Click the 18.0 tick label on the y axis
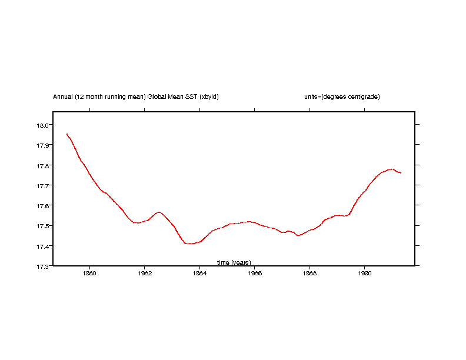click(44, 125)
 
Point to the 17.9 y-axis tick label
click(44, 145)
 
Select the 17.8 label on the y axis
click(44, 165)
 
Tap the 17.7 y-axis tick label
click(44, 185)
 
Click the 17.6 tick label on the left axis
click(44, 205)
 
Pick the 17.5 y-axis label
click(44, 225)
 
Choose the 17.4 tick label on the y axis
click(44, 246)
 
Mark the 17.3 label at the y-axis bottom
click(44, 266)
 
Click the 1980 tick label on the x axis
click(89, 273)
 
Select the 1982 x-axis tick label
click(145, 273)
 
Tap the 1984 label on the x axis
click(199, 273)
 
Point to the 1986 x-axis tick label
click(255, 273)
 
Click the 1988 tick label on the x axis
click(309, 273)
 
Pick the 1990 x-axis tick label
click(365, 273)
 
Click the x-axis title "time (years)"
click(234, 262)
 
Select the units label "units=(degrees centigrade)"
click(342, 96)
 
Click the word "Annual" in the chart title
click(63, 96)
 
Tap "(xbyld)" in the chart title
click(209, 96)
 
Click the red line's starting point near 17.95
click(67, 134)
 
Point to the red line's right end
click(401, 173)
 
